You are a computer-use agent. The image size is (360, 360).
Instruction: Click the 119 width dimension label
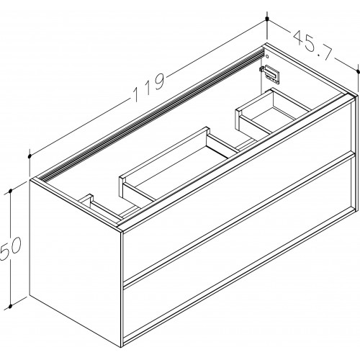click(149, 87)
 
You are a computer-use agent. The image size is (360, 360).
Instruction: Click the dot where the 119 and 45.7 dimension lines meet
click(267, 19)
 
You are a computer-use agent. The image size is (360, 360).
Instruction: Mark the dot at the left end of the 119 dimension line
click(30, 156)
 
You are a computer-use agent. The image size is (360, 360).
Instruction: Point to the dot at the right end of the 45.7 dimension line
click(359, 71)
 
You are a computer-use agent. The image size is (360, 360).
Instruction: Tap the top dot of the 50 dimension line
click(10, 191)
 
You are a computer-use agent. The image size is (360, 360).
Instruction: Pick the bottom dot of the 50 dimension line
click(10, 307)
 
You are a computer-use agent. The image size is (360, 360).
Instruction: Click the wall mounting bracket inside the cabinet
click(270, 74)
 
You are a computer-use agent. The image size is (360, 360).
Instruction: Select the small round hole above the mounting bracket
click(267, 57)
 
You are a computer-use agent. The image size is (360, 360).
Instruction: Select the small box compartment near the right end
click(273, 111)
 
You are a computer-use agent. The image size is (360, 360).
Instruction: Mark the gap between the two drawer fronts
click(238, 217)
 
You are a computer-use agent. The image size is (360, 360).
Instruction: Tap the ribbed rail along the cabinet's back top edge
click(151, 114)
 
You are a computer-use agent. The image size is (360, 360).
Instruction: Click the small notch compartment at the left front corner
click(103, 207)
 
